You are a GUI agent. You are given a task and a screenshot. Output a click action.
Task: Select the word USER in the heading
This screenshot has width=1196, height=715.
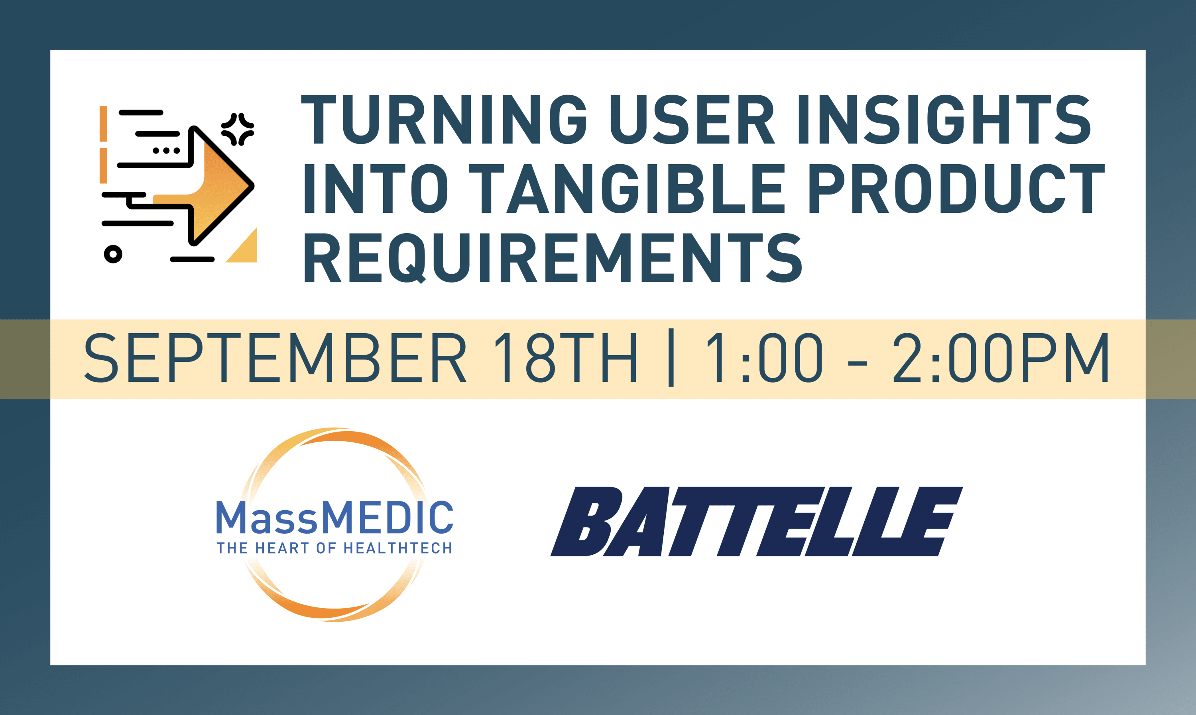point(692,119)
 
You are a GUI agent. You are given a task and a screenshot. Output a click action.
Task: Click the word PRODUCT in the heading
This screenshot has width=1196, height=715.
point(956,189)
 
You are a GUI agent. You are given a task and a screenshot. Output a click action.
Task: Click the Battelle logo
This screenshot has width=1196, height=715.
point(757,521)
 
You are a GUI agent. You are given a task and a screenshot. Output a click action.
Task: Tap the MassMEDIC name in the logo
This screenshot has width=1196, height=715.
point(334,517)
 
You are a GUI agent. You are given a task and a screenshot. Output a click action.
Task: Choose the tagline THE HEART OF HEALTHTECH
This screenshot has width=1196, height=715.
point(334,548)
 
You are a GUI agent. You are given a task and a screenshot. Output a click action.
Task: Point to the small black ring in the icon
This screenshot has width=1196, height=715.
point(113,254)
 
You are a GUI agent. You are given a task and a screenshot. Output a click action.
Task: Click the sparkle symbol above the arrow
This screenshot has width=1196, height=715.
point(238,129)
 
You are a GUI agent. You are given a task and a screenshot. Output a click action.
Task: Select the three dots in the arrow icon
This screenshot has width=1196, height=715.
point(166,151)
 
